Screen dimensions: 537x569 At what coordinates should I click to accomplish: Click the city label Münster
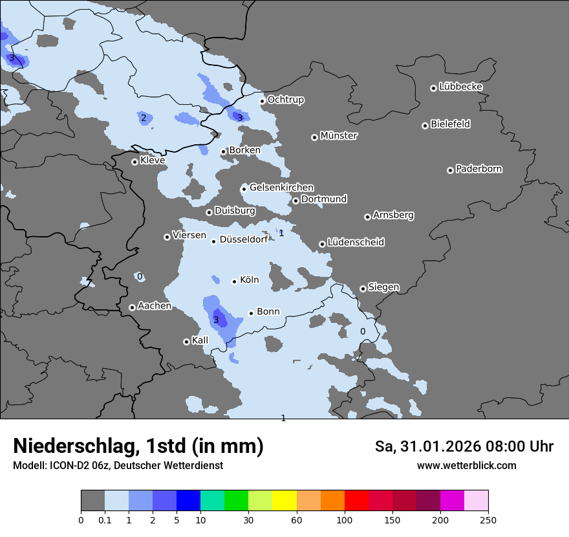click(338, 136)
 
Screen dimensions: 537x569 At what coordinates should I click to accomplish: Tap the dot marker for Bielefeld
click(425, 126)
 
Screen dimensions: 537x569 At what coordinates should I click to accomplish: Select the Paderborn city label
click(478, 169)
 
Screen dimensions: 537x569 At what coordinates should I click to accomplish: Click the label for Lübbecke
click(460, 87)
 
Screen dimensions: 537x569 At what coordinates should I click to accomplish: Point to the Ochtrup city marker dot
click(262, 101)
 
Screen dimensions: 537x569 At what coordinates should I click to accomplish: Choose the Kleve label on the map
click(153, 160)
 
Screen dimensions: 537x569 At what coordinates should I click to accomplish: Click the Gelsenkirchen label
click(281, 188)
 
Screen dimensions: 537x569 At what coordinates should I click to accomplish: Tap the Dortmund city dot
click(295, 201)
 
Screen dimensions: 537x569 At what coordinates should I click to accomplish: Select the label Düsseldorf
click(244, 239)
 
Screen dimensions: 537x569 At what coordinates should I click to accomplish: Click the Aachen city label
click(154, 306)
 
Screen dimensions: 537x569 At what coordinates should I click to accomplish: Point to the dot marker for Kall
click(186, 342)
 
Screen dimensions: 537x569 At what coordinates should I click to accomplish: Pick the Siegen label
click(383, 287)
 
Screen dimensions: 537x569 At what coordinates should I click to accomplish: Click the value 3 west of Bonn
click(216, 320)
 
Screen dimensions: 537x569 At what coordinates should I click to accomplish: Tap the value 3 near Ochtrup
click(239, 118)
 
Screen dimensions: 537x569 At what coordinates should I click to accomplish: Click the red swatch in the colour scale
click(356, 501)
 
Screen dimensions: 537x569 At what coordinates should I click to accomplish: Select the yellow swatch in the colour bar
click(284, 501)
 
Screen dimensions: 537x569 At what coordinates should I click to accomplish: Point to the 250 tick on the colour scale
click(488, 520)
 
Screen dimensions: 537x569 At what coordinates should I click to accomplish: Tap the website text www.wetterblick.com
click(466, 466)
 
